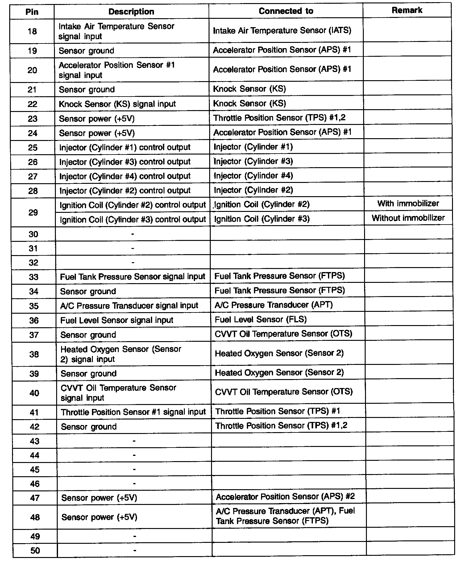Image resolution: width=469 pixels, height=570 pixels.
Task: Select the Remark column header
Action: click(407, 10)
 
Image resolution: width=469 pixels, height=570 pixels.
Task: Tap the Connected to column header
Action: click(286, 11)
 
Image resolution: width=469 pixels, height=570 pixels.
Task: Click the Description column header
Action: click(131, 12)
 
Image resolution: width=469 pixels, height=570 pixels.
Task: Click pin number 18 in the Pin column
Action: click(32, 31)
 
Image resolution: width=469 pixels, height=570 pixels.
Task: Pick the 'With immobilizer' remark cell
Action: click(408, 204)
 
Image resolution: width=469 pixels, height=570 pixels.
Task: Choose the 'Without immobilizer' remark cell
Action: click(408, 218)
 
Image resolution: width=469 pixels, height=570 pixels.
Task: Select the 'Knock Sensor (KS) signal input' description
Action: click(117, 104)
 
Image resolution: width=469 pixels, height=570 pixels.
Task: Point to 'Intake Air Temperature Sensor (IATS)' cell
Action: click(282, 31)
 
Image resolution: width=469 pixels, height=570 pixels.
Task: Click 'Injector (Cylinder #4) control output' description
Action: click(125, 176)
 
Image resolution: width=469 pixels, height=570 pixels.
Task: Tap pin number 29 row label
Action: click(33, 213)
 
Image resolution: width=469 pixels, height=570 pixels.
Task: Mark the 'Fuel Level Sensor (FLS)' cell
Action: click(261, 319)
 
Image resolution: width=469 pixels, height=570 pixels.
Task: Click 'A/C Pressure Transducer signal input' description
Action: click(129, 306)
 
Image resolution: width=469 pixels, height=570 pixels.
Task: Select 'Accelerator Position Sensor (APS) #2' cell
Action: click(285, 497)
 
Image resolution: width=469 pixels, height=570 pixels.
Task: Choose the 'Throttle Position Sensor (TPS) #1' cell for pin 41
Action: click(277, 411)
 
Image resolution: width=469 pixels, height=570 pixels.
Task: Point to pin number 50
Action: click(35, 551)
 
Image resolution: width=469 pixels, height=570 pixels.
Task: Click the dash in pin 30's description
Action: click(133, 234)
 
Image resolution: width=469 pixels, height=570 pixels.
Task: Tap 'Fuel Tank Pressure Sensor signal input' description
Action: click(132, 277)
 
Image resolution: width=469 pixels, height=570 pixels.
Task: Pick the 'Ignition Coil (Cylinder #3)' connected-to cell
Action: click(262, 219)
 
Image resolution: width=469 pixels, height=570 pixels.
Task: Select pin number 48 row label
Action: click(35, 517)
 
